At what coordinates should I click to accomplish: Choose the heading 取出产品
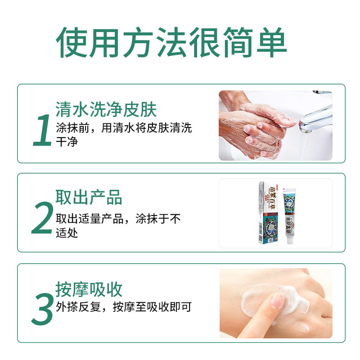(89, 198)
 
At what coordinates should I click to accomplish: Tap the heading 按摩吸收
(89, 289)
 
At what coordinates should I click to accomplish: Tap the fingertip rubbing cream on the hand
(277, 300)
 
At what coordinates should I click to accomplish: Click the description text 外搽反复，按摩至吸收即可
(124, 307)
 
